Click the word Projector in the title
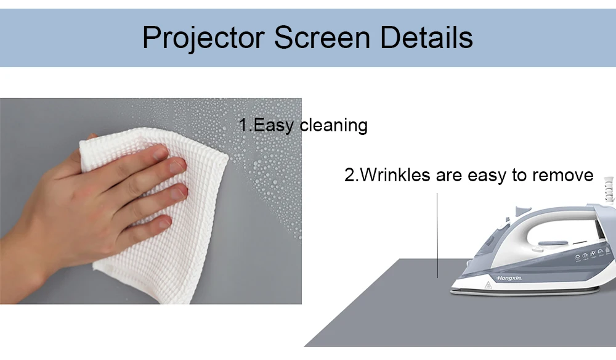[203, 38]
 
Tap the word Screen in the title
[322, 38]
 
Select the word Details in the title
[426, 38]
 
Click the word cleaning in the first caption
[333, 125]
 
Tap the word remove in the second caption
[562, 175]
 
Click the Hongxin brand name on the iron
[509, 278]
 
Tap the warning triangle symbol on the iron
[488, 285]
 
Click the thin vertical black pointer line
[437, 235]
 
